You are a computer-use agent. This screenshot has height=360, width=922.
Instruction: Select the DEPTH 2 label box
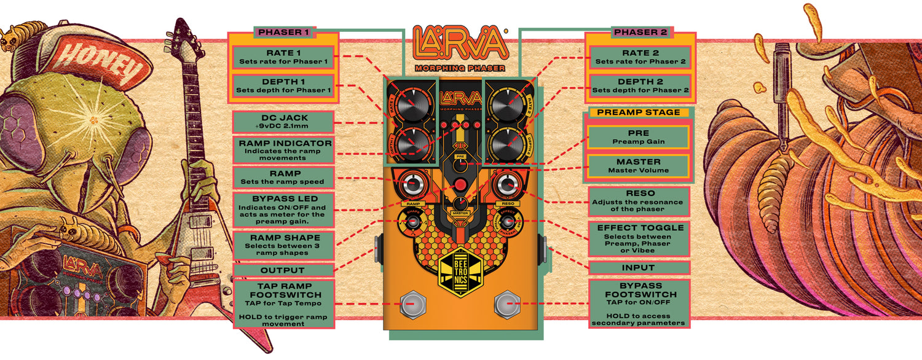639,86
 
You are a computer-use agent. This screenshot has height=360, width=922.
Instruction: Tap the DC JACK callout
283,122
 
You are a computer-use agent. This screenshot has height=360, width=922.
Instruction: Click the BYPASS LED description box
283,209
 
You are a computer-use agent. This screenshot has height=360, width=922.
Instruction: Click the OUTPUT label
283,270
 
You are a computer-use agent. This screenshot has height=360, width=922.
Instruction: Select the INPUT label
639,268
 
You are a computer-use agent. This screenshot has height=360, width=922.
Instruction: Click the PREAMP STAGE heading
639,112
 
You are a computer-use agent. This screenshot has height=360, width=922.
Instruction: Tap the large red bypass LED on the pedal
460,185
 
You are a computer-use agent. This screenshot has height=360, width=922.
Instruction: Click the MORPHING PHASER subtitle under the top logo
460,68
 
